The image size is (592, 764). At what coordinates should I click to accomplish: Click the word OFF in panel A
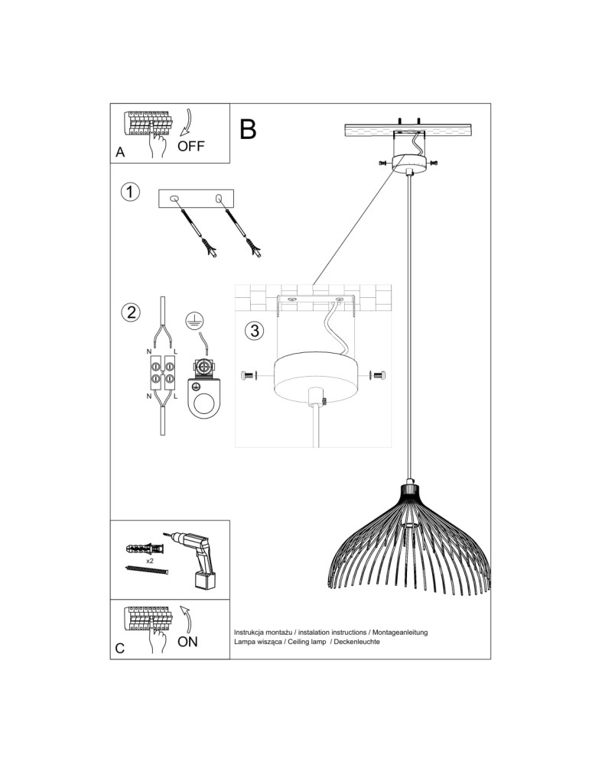pos(190,146)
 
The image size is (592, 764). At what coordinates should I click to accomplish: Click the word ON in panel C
pos(187,642)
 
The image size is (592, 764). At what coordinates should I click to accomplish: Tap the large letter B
pos(248,129)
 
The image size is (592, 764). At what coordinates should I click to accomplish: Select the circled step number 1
pos(130,192)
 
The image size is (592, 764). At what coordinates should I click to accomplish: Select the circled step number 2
pos(131,312)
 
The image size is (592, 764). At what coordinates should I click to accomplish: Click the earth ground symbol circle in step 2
pos(194,319)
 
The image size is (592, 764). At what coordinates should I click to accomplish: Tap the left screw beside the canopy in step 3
pos(249,375)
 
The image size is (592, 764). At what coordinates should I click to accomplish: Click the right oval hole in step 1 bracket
pos(219,198)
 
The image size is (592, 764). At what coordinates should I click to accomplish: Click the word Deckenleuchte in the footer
pos(357,642)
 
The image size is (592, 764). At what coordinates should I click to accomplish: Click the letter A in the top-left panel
pos(120,153)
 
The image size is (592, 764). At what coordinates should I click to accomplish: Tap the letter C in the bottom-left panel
pos(120,649)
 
